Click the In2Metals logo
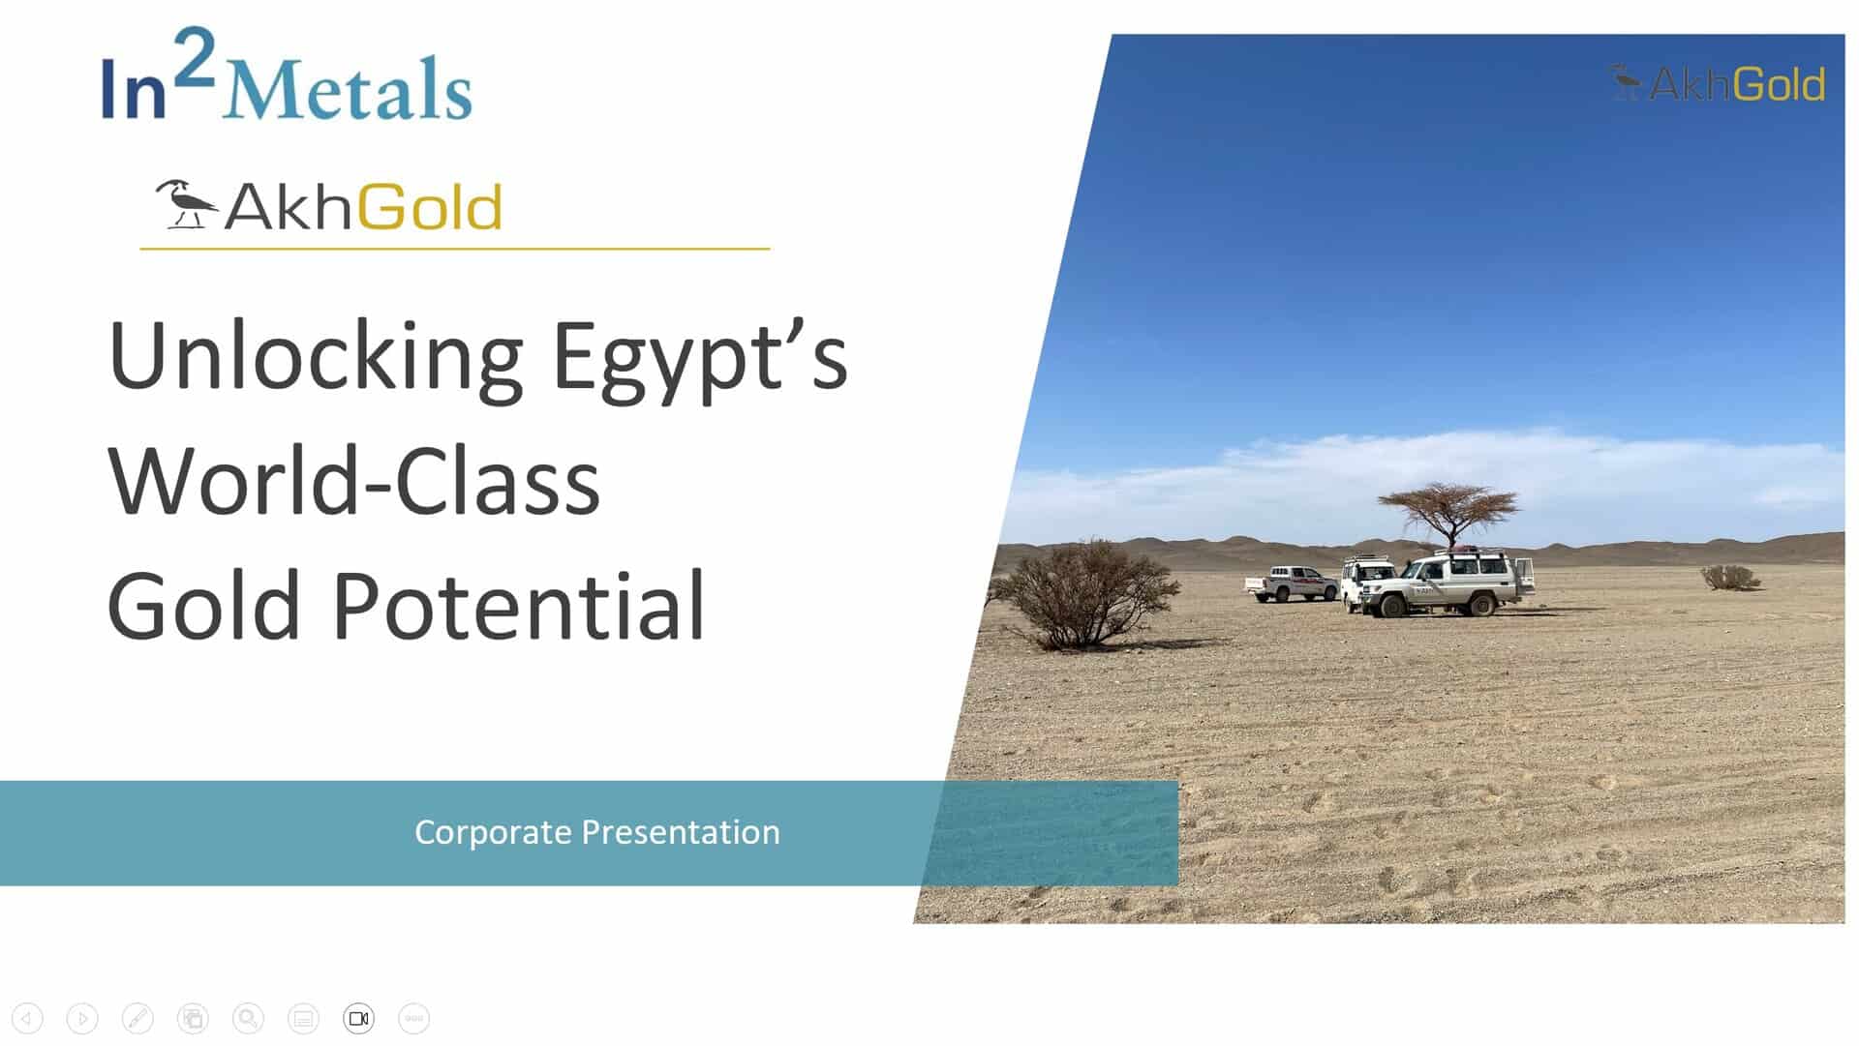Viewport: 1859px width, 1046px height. pyautogui.click(x=287, y=75)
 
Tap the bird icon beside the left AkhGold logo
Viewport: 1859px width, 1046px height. pyautogui.click(x=186, y=204)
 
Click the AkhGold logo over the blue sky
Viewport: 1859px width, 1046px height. pyautogui.click(x=1717, y=84)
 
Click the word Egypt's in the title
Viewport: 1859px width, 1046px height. pyautogui.click(x=699, y=359)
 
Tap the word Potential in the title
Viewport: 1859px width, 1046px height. pyautogui.click(x=518, y=606)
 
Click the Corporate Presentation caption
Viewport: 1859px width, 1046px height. pyautogui.click(x=597, y=832)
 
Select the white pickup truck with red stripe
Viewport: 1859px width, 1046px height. pyautogui.click(x=1291, y=583)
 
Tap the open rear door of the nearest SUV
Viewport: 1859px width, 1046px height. pyautogui.click(x=1524, y=576)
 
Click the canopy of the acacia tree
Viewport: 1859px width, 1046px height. pyautogui.click(x=1448, y=502)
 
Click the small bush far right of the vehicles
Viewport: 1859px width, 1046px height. pyautogui.click(x=1730, y=578)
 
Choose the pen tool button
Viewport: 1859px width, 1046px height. pyautogui.click(x=137, y=1018)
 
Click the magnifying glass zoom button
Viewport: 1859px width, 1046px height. pyautogui.click(x=248, y=1018)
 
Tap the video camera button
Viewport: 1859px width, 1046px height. pyautogui.click(x=358, y=1018)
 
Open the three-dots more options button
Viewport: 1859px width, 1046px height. pyautogui.click(x=413, y=1018)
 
